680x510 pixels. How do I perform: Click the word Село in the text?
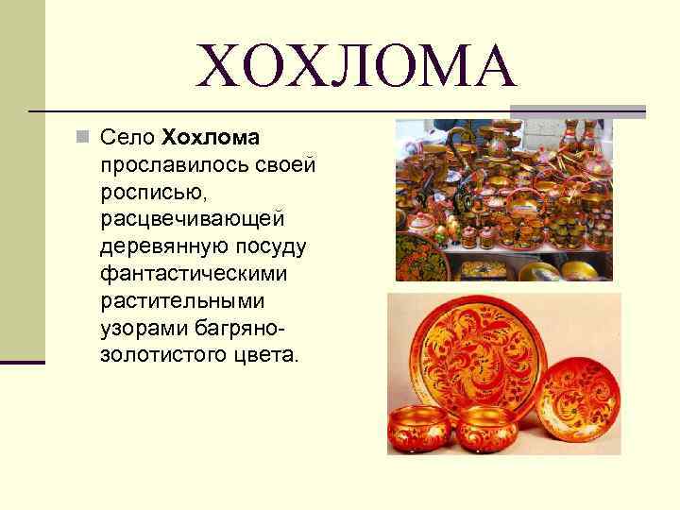click(126, 139)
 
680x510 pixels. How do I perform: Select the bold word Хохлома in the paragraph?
click(210, 139)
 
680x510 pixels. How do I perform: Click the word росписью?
click(143, 193)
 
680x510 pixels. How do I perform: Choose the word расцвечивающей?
click(192, 220)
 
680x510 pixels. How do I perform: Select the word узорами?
click(137, 329)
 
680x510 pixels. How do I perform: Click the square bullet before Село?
click(83, 139)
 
